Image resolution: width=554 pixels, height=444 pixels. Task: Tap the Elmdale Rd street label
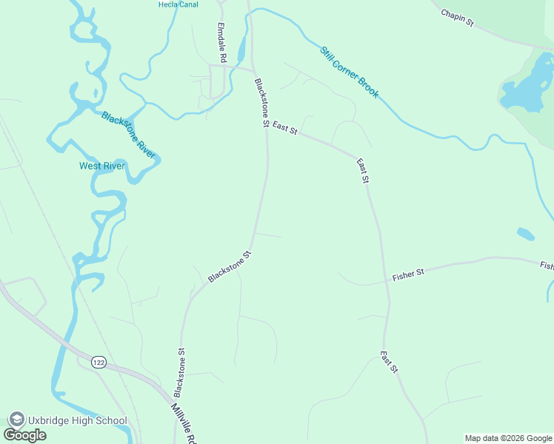click(221, 41)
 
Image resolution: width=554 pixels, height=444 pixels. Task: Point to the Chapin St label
click(457, 18)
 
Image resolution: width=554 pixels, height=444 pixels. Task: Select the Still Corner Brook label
click(350, 73)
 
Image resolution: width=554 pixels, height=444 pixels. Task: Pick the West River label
click(102, 166)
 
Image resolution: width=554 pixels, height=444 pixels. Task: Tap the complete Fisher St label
click(408, 274)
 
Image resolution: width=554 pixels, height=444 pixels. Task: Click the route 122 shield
click(99, 362)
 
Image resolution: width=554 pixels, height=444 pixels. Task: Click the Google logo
click(24, 434)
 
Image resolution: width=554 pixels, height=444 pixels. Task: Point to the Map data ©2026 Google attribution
click(509, 438)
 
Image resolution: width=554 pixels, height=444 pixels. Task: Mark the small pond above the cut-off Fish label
click(525, 234)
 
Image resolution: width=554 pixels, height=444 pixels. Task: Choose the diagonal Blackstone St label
click(230, 266)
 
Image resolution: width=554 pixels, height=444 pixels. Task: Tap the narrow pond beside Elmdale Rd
click(241, 49)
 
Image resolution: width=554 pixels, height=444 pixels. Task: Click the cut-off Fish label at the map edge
click(547, 265)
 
